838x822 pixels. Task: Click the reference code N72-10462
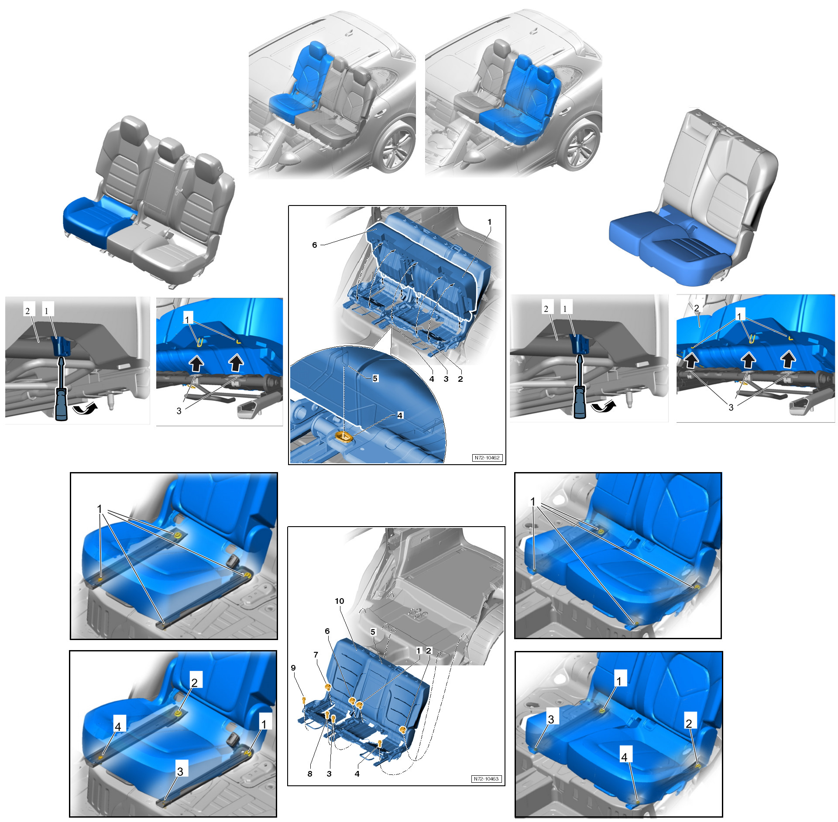(x=487, y=458)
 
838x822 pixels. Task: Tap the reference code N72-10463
(x=487, y=779)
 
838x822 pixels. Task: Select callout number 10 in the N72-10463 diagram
(x=339, y=601)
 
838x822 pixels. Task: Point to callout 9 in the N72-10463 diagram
(x=293, y=668)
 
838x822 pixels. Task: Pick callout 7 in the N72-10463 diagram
(x=316, y=654)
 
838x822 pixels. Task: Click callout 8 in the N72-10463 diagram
(x=310, y=774)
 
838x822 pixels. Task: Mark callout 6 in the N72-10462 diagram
(x=314, y=245)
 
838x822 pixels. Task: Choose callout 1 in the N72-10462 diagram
(x=489, y=222)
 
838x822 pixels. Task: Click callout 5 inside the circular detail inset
(x=375, y=378)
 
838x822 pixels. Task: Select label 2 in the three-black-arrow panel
(x=697, y=308)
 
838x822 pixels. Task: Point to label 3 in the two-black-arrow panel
(x=179, y=411)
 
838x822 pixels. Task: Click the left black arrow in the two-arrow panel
(x=196, y=363)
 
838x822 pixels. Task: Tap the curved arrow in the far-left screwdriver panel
(x=84, y=409)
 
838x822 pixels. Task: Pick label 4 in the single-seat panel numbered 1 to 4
(x=118, y=726)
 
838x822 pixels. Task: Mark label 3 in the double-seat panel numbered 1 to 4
(x=551, y=719)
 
